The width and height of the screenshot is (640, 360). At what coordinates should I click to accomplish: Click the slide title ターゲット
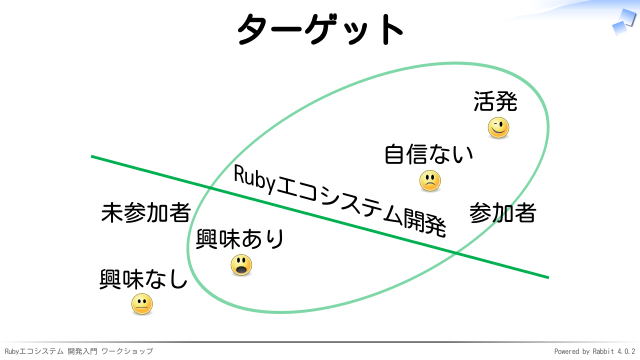point(320,29)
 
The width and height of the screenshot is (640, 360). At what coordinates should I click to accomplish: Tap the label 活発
point(495,101)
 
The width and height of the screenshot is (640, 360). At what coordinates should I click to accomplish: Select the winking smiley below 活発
point(498,128)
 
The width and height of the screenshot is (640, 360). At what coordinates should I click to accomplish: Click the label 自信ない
point(429,154)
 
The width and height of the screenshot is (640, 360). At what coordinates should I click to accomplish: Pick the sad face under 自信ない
point(430,181)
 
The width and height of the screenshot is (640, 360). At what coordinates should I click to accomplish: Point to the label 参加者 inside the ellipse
point(502,213)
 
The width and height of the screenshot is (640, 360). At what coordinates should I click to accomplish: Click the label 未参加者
point(146,212)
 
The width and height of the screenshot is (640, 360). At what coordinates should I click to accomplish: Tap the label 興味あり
point(240,239)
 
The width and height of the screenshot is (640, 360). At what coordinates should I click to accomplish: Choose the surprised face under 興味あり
point(241,265)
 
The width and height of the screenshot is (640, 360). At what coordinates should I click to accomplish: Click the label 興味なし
point(143,279)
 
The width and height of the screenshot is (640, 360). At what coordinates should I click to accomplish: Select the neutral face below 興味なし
point(142,304)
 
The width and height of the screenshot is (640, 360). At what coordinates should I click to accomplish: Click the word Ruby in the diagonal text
point(255,179)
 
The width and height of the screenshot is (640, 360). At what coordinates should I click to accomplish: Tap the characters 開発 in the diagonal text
point(424,222)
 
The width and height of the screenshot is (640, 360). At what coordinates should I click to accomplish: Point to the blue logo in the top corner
point(625,22)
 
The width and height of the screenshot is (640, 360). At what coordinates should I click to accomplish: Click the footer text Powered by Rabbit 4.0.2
point(595,351)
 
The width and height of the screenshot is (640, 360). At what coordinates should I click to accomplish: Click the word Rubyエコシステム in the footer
point(34,351)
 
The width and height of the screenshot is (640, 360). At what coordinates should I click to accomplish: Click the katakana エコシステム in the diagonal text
point(340,201)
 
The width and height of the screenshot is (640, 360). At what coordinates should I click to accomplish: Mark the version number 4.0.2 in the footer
point(626,351)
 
